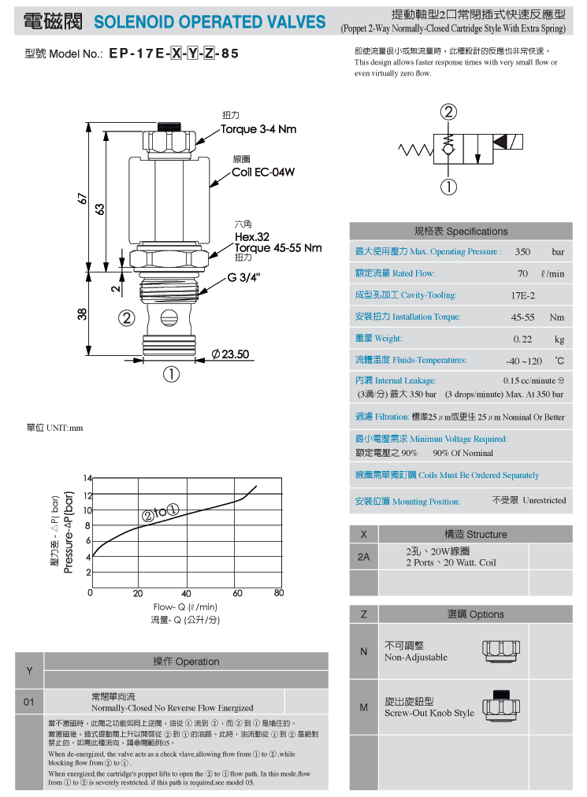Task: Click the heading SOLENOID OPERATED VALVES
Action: [210, 22]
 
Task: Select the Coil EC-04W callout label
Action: [263, 172]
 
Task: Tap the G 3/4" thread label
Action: [243, 277]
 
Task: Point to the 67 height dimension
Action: [83, 198]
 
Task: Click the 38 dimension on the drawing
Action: [83, 314]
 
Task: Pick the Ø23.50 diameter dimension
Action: [230, 354]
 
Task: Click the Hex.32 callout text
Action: [252, 237]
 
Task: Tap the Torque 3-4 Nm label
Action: [258, 129]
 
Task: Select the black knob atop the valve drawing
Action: [169, 127]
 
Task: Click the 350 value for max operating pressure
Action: [522, 251]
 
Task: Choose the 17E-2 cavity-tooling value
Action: [523, 295]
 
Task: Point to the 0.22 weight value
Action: [522, 339]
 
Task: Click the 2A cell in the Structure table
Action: [364, 557]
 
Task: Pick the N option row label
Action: [364, 651]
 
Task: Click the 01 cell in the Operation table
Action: [29, 702]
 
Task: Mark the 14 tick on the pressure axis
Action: [87, 478]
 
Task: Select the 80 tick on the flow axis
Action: [279, 593]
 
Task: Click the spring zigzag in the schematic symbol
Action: [415, 150]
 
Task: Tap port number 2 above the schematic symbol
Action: [448, 112]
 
